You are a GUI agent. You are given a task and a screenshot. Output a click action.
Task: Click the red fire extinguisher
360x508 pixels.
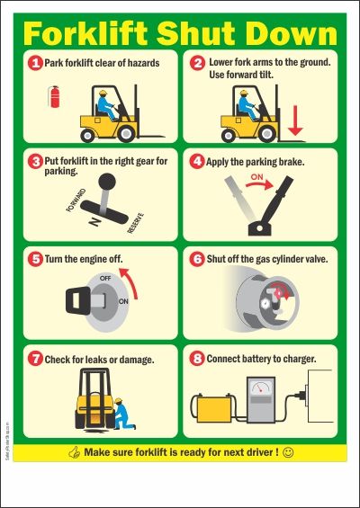[x=54, y=96]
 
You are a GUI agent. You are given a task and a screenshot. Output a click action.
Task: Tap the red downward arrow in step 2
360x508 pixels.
[x=295, y=120]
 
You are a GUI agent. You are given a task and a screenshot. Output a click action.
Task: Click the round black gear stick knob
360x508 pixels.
[x=107, y=182]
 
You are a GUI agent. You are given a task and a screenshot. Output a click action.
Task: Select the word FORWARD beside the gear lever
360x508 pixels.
[x=76, y=201]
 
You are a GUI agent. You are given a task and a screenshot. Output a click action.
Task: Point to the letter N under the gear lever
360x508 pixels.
[x=94, y=221]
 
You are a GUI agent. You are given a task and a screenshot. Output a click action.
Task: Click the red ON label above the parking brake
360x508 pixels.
[x=256, y=177]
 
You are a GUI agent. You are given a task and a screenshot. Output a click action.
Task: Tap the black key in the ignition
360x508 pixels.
[x=78, y=300]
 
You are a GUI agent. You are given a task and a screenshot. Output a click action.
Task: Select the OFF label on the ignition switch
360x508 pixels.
[x=105, y=278]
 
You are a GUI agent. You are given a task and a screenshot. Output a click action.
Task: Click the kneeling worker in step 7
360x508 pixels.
[x=123, y=414]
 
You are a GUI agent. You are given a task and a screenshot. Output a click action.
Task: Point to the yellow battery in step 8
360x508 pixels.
[x=213, y=408]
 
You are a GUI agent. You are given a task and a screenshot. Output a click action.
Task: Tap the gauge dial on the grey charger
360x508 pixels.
[x=261, y=388]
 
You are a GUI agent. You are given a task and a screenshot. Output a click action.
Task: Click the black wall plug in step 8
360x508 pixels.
[x=301, y=396]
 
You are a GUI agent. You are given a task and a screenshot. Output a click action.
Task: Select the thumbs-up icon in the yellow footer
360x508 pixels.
[x=75, y=452]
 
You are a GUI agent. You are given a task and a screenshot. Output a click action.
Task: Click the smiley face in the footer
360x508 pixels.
[x=288, y=452]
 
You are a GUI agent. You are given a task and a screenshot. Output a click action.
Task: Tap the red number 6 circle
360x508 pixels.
[x=197, y=259]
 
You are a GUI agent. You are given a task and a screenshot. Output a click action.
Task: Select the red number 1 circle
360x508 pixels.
[x=35, y=63]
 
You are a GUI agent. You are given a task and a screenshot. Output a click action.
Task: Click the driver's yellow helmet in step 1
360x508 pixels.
[x=103, y=93]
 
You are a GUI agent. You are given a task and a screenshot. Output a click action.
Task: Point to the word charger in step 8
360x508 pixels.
[x=300, y=359]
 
